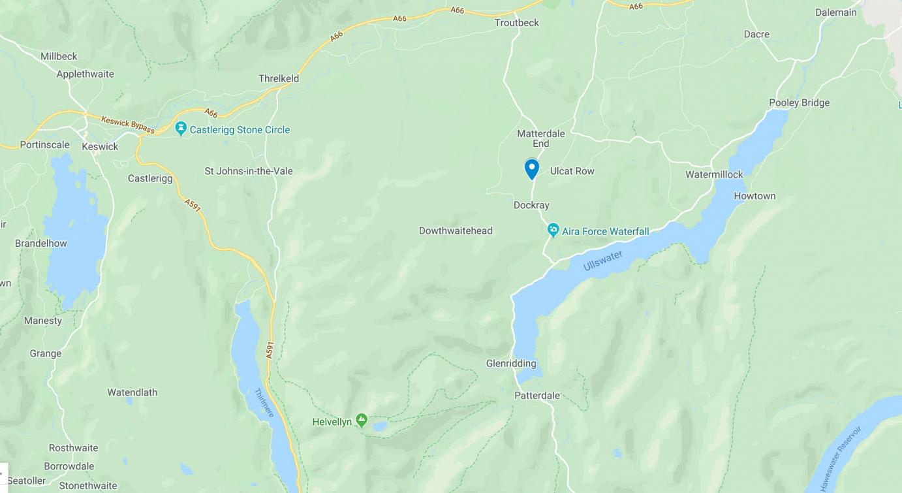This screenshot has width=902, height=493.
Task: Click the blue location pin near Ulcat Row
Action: click(x=532, y=168)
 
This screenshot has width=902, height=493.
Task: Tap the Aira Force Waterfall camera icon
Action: click(x=553, y=231)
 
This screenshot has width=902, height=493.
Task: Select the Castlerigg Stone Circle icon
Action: click(x=181, y=129)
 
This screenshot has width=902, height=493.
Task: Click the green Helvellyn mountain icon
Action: click(x=362, y=421)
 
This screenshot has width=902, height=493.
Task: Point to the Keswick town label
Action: click(x=100, y=147)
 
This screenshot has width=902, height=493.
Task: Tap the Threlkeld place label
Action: click(x=279, y=78)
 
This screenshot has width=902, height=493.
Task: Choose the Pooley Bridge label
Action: click(x=799, y=103)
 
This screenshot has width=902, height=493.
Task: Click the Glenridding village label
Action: click(x=511, y=364)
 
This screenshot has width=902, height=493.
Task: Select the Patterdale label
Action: click(x=537, y=395)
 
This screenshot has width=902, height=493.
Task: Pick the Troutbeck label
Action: click(x=517, y=23)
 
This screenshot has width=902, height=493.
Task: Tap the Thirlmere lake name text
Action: click(x=264, y=403)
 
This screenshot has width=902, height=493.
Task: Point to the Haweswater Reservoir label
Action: click(x=841, y=458)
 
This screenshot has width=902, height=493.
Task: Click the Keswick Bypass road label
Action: click(x=128, y=124)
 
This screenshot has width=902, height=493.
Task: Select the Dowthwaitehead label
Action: click(x=456, y=231)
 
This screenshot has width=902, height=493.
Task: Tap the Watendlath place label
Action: click(x=132, y=392)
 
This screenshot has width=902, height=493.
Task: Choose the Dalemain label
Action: click(x=835, y=12)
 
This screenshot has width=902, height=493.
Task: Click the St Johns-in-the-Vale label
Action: click(x=249, y=171)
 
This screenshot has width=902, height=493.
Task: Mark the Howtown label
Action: click(x=754, y=196)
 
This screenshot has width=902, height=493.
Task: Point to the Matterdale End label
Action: click(x=540, y=138)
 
